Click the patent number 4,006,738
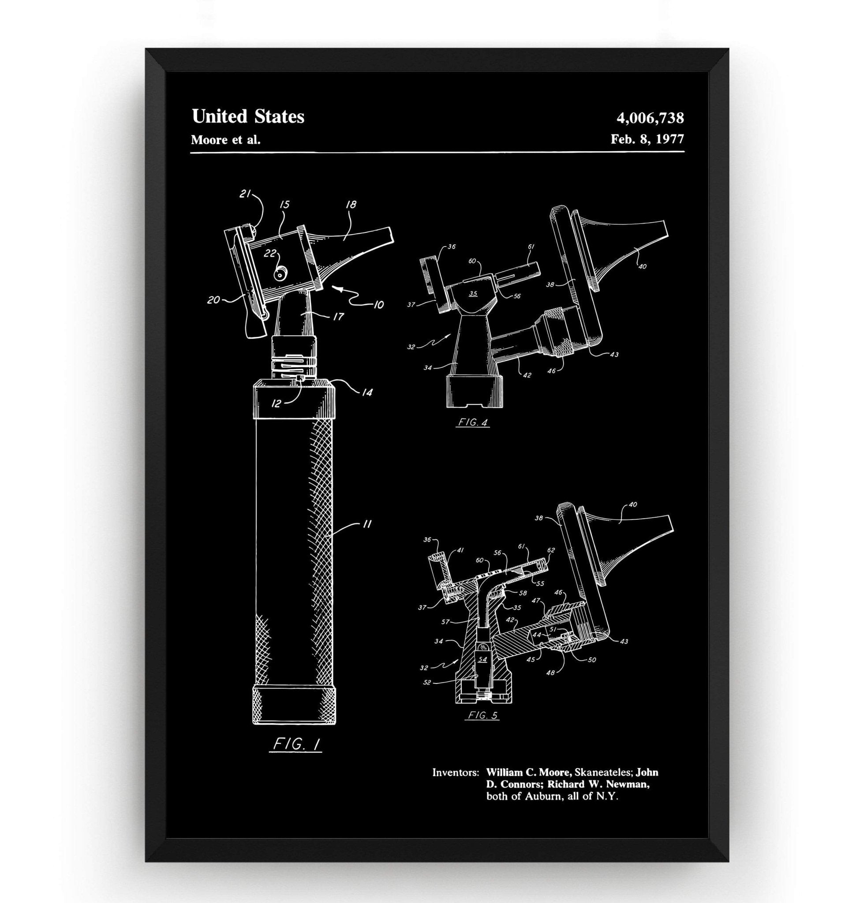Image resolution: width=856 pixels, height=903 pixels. (x=650, y=118)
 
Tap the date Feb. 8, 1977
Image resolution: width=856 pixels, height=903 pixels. (x=647, y=139)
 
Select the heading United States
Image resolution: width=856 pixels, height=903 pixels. (x=248, y=116)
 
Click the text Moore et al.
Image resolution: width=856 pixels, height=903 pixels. (x=226, y=140)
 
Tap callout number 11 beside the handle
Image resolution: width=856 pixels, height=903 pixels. (x=366, y=525)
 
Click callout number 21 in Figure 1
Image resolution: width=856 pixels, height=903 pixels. (x=246, y=194)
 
